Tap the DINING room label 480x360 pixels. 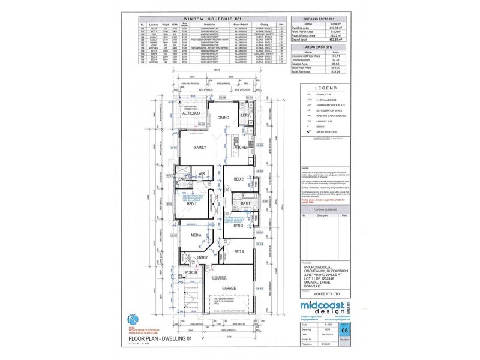[x=223, y=118]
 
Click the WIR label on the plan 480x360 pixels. [x=202, y=174]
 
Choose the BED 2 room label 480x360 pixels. [x=238, y=179]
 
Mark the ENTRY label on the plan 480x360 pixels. [x=202, y=257]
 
